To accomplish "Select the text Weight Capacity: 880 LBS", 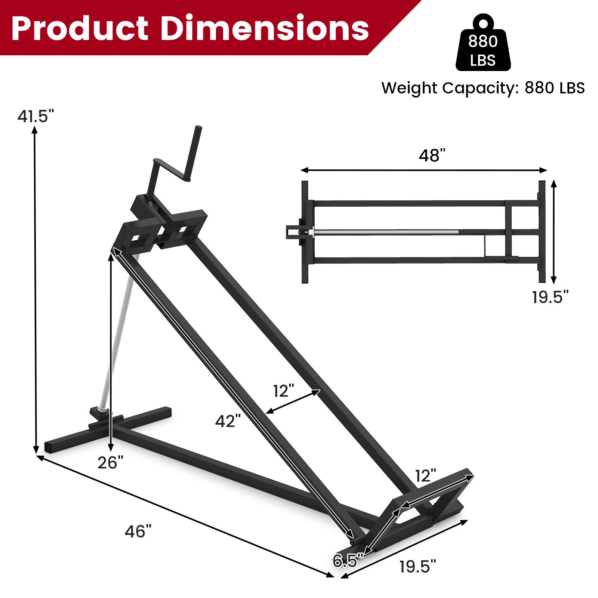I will pyautogui.click(x=483, y=88).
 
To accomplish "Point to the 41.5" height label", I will pyautogui.click(x=36, y=117).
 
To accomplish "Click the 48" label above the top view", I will pyautogui.click(x=432, y=155).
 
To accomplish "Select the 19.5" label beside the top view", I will pyautogui.click(x=550, y=298).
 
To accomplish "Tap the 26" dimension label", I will pyautogui.click(x=110, y=463).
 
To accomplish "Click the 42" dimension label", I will pyautogui.click(x=228, y=421).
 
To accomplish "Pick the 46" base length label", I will pyautogui.click(x=138, y=531).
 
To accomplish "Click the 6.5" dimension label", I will pyautogui.click(x=348, y=561).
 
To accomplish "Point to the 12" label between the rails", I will pyautogui.click(x=284, y=391).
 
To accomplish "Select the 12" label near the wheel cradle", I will pyautogui.click(x=426, y=476).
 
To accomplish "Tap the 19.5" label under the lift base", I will pyautogui.click(x=417, y=567).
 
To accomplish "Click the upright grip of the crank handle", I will pyautogui.click(x=195, y=153).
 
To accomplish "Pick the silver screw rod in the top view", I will pyautogui.click(x=385, y=232).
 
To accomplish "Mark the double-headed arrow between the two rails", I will pyautogui.click(x=293, y=402).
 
